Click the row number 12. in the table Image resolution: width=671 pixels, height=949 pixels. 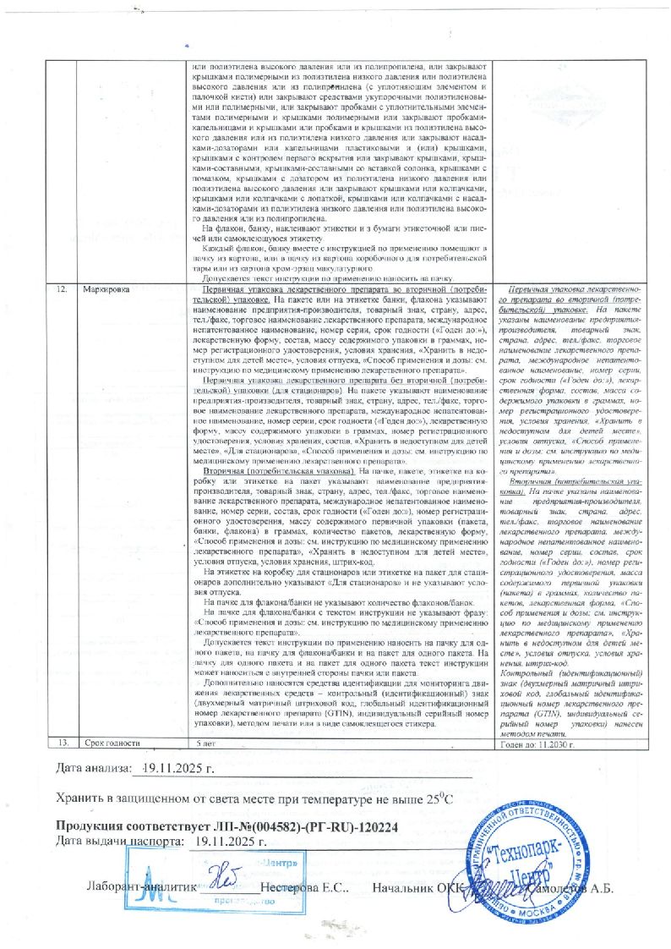tap(62, 289)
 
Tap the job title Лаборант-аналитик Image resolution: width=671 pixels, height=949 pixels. tap(141, 889)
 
